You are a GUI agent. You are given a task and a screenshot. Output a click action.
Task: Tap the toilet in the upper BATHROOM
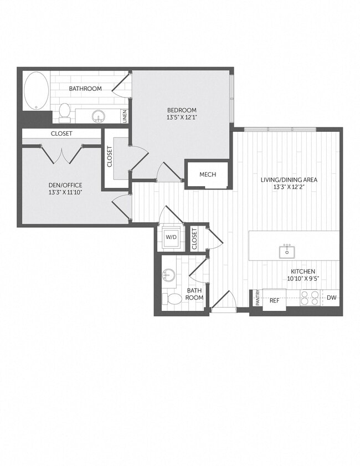(x=65, y=111)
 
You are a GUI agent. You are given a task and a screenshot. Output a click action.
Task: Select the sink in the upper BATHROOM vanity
(x=100, y=116)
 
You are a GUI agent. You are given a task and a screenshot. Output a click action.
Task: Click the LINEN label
(x=125, y=116)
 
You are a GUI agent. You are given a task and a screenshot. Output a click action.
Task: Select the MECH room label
(x=208, y=175)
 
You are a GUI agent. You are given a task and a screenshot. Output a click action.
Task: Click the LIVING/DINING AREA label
(x=289, y=180)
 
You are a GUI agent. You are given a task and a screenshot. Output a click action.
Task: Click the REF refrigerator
(x=274, y=300)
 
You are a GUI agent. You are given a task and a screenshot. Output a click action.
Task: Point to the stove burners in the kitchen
(x=310, y=299)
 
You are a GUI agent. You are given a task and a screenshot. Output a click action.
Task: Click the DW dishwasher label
(x=331, y=298)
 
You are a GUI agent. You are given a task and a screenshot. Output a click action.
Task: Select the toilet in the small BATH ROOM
(x=174, y=300)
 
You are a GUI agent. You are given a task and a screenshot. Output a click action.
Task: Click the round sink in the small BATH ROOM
(x=168, y=275)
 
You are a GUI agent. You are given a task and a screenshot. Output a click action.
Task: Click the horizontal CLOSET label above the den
(x=61, y=134)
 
